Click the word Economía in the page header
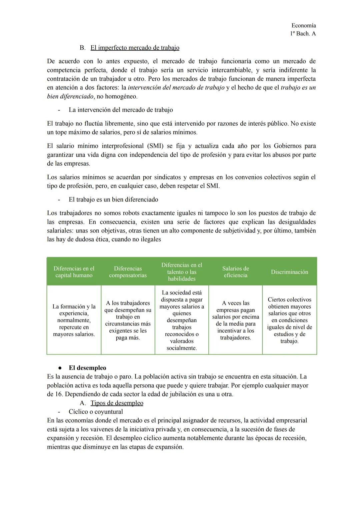[x=303, y=25]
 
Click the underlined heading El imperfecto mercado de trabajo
[x=135, y=48]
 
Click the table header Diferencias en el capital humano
[x=74, y=272]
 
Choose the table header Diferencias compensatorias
[x=128, y=272]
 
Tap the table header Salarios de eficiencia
[x=235, y=272]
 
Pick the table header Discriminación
[x=289, y=272]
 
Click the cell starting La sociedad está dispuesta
[x=182, y=320]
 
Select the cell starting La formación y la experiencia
[x=74, y=320]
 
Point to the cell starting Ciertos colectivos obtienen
[x=289, y=320]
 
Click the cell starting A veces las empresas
[x=235, y=320]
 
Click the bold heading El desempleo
[x=87, y=368]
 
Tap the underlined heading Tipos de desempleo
[x=117, y=403]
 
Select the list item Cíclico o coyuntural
[x=96, y=412]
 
